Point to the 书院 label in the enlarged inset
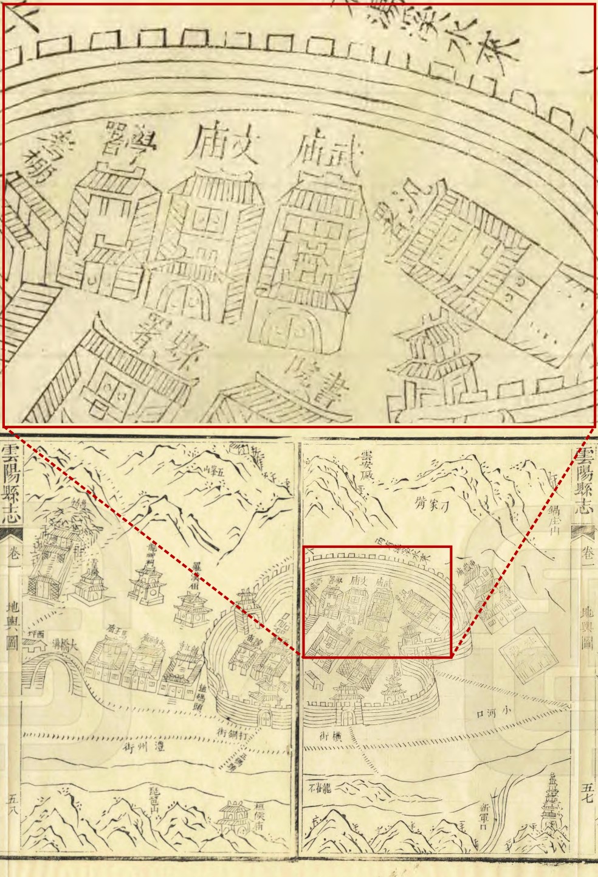(311, 380)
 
